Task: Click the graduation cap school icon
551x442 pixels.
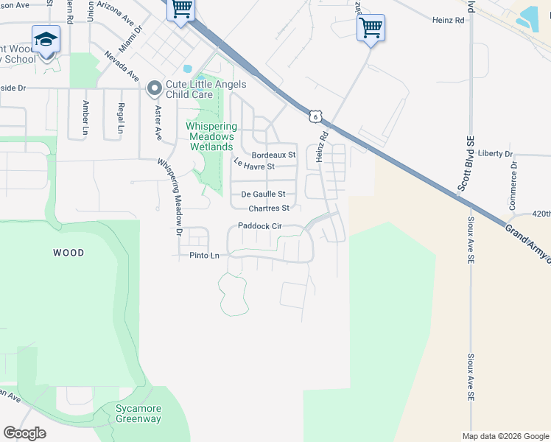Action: pyautogui.click(x=46, y=38)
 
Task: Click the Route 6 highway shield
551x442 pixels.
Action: pyautogui.click(x=315, y=116)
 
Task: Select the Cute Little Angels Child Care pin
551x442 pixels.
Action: pyautogui.click(x=155, y=89)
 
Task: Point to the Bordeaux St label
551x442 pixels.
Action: pyautogui.click(x=273, y=155)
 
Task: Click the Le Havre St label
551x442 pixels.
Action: pyautogui.click(x=254, y=166)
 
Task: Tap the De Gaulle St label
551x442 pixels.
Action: pyautogui.click(x=263, y=194)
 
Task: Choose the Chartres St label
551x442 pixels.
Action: pyautogui.click(x=269, y=208)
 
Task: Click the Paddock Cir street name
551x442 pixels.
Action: pyautogui.click(x=260, y=226)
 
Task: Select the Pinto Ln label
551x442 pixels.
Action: pyautogui.click(x=205, y=256)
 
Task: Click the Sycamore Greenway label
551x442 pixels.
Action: pyautogui.click(x=138, y=413)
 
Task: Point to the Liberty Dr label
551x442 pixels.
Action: pyautogui.click(x=495, y=154)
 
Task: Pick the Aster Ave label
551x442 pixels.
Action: pyautogui.click(x=158, y=121)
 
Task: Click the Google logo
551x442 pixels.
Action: pyautogui.click(x=24, y=432)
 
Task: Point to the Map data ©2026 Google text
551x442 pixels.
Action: pyautogui.click(x=505, y=436)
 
